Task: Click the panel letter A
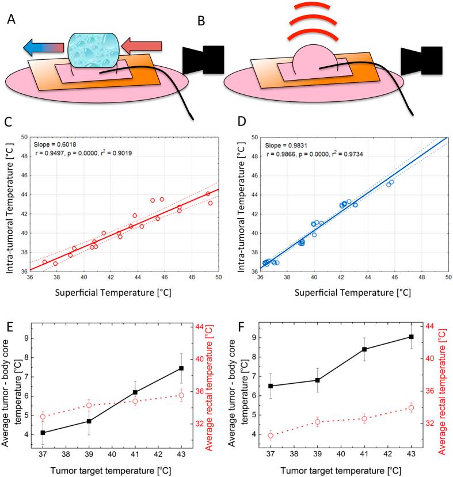[x=11, y=20]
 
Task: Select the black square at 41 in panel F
[x=364, y=349]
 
